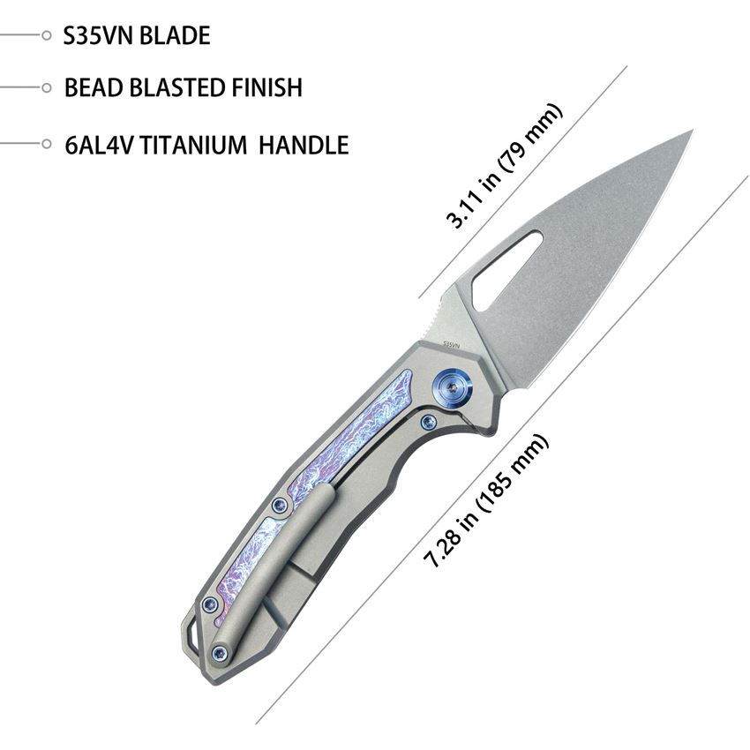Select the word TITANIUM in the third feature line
pyautogui.click(x=194, y=145)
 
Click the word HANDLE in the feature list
pyautogui.click(x=304, y=145)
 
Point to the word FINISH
pyautogui.click(x=266, y=87)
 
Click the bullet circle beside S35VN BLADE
pyautogui.click(x=47, y=35)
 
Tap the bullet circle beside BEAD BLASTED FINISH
pyautogui.click(x=47, y=87)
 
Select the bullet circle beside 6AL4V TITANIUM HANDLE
pyautogui.click(x=47, y=144)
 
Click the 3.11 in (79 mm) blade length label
pyautogui.click(x=504, y=166)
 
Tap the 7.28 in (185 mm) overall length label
pyautogui.click(x=486, y=501)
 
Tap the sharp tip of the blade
pyautogui.click(x=692, y=130)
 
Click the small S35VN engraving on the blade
pyautogui.click(x=452, y=343)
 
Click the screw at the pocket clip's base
pyautogui.click(x=220, y=652)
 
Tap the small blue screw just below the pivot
pyautogui.click(x=428, y=421)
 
